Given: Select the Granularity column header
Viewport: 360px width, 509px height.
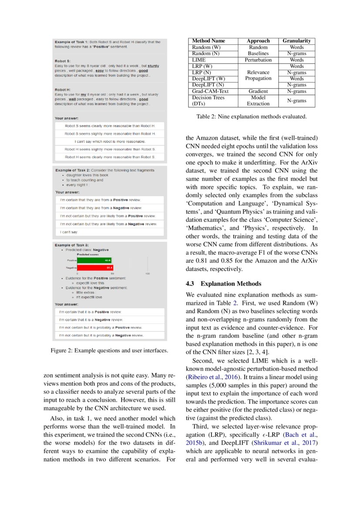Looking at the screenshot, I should pyautogui.click(x=296, y=41).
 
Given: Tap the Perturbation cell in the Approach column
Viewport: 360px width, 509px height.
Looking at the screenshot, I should pyautogui.click(x=258, y=60).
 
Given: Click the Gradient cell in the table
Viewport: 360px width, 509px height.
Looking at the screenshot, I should pyautogui.click(x=258, y=91).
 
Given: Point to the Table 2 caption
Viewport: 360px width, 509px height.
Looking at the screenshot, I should pyautogui.click(x=252, y=117).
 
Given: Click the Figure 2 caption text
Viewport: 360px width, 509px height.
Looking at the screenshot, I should pyautogui.click(x=109, y=351).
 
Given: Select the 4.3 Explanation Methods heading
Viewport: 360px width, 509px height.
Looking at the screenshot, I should pyautogui.click(x=223, y=284).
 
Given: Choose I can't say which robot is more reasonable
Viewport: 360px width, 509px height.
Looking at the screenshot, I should pyautogui.click(x=110, y=142).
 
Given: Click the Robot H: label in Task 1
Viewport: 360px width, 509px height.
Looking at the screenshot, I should pyautogui.click(x=63, y=90).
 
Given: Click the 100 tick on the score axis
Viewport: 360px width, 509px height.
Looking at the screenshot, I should pyautogui.click(x=148, y=273).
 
